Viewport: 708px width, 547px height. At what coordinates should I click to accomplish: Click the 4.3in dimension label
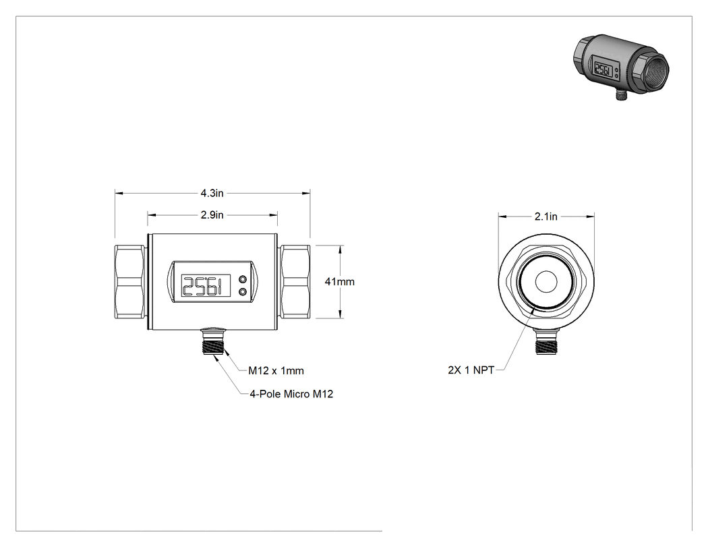(x=212, y=194)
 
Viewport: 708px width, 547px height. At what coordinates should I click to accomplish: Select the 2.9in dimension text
(x=212, y=215)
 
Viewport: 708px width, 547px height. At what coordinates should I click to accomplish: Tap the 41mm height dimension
(x=340, y=282)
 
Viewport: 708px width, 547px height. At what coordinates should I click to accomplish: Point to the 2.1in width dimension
(x=546, y=217)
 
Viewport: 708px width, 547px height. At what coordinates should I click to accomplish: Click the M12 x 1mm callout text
(x=276, y=371)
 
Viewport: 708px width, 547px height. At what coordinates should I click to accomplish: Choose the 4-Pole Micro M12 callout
(x=292, y=394)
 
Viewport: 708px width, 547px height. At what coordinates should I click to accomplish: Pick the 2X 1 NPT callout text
(x=471, y=370)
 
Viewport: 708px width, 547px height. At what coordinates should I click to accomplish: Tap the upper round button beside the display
(x=243, y=279)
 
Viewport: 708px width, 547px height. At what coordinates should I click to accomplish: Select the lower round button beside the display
(x=243, y=292)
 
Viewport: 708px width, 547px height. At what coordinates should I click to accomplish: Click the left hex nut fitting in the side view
(x=130, y=282)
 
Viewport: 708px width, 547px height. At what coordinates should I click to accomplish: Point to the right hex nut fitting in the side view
(x=295, y=282)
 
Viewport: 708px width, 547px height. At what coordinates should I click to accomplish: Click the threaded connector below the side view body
(x=212, y=341)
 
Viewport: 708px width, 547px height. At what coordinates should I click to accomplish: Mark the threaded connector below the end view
(x=546, y=342)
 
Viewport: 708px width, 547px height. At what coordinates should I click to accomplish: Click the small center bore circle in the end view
(x=546, y=282)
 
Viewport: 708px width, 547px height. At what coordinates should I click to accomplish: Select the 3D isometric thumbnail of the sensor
(x=621, y=66)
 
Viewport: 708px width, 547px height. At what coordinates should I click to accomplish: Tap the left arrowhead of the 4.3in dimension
(x=119, y=194)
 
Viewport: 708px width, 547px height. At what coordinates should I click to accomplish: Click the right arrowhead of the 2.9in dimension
(x=273, y=215)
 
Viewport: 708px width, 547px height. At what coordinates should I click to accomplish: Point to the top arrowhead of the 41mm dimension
(x=340, y=250)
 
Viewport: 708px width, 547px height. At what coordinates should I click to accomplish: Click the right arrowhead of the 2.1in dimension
(x=590, y=217)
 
